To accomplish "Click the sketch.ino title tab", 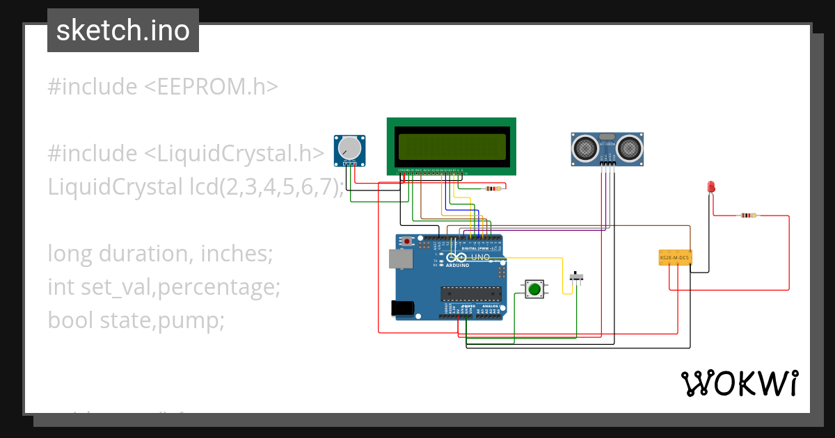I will (x=123, y=31).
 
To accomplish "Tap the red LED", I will (x=710, y=187).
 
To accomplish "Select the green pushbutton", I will (x=534, y=289).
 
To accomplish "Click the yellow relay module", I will (x=674, y=258).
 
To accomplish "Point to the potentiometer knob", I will (x=349, y=148).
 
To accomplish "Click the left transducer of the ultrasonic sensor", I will (x=585, y=147).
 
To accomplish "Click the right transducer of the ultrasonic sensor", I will (x=629, y=147).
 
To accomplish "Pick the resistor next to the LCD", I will (x=493, y=188).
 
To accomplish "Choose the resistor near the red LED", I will (x=747, y=216).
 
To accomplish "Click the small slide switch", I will (x=577, y=277).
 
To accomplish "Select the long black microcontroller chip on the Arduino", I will (x=470, y=295).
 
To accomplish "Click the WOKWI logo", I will (x=739, y=383).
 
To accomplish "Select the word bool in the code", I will (x=71, y=321).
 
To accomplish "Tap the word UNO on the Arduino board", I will (x=482, y=257).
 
